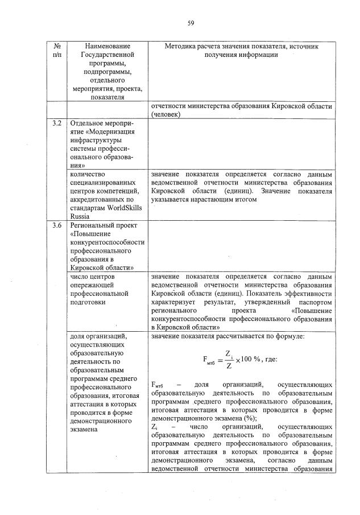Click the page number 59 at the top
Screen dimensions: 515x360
coord(191,23)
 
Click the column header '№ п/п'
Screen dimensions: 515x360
coord(56,50)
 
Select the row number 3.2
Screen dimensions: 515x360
coord(56,123)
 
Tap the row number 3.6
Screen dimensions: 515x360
coord(56,226)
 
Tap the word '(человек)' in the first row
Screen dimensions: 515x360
coord(166,114)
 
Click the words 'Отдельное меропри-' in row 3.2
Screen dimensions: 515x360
coord(100,123)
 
